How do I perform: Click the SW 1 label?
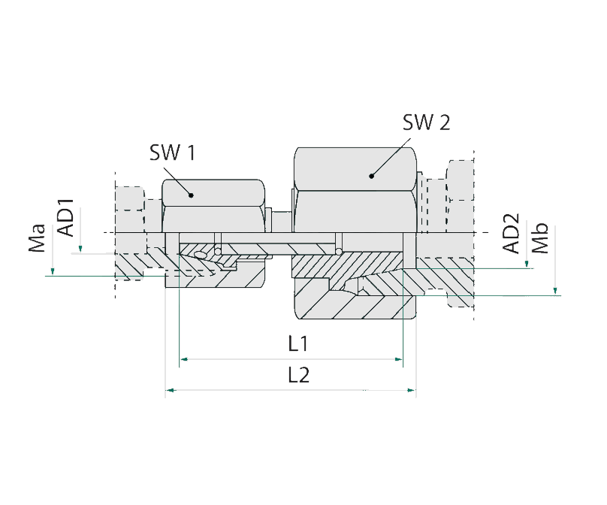[172, 154]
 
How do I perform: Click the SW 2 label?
[426, 122]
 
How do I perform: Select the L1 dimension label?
[299, 344]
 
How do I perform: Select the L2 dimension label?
[299, 376]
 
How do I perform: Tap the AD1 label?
[66, 218]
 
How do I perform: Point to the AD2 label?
[512, 234]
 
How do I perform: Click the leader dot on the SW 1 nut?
[192, 195]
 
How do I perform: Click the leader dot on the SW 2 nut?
[371, 177]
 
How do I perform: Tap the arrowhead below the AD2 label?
[527, 264]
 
